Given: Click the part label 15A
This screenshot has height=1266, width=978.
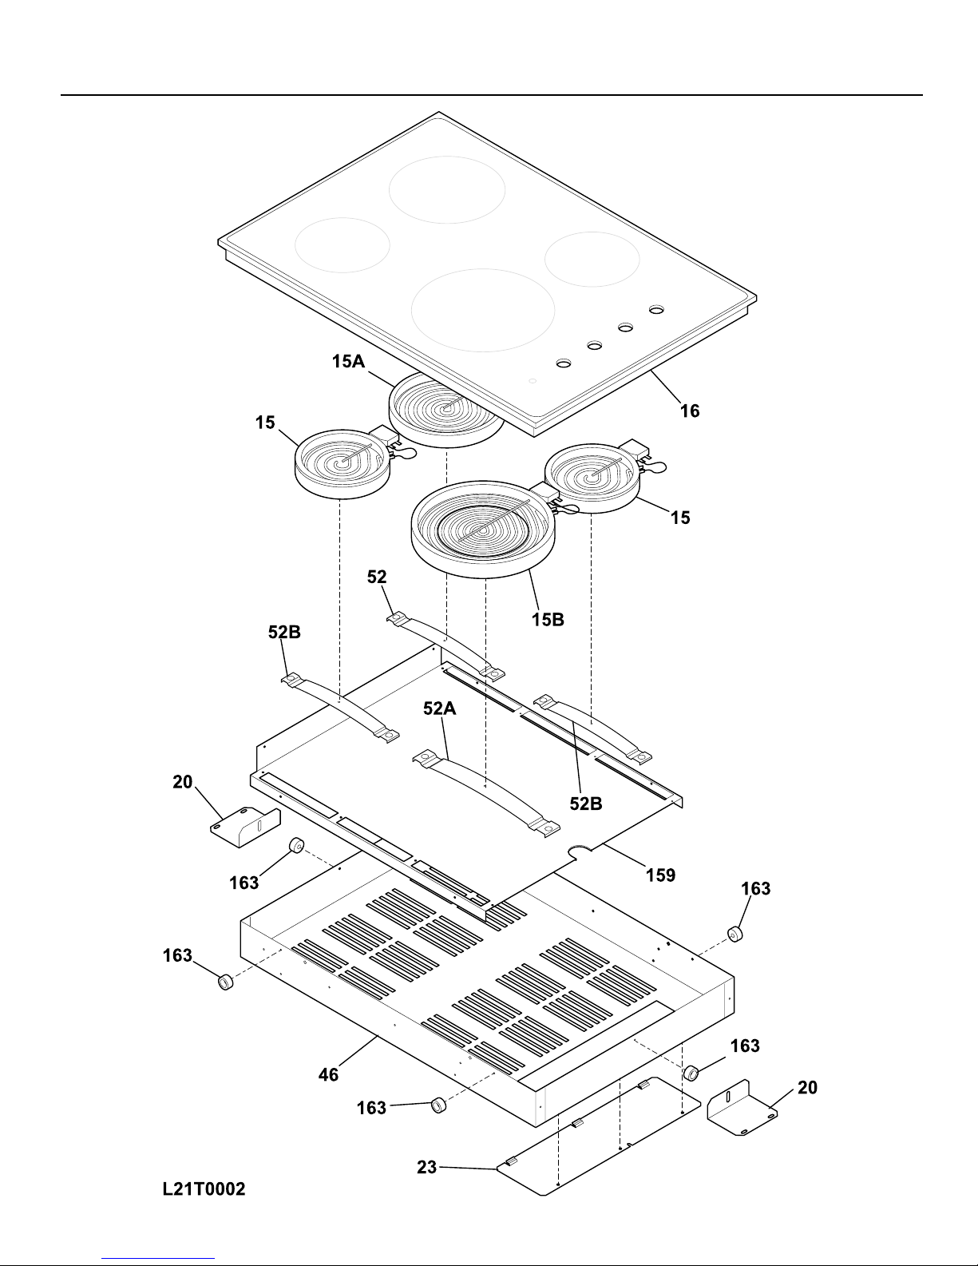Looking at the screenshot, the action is (348, 362).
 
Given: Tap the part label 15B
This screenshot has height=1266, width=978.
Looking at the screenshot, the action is (548, 619).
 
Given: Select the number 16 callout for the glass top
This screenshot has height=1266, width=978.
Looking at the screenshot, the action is (690, 411).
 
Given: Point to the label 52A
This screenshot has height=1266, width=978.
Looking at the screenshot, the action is (440, 708).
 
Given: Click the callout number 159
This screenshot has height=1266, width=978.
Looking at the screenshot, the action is (660, 875).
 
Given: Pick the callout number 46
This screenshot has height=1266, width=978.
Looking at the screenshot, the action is (328, 1075).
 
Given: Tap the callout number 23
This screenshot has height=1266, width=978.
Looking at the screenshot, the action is (426, 1167).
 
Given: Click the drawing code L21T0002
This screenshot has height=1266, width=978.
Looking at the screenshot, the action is (204, 1189).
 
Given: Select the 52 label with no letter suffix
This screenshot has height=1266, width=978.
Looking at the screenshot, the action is (377, 577).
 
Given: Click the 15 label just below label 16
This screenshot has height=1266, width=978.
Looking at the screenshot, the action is (680, 518).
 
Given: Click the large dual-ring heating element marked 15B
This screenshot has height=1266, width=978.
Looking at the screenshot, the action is (483, 530).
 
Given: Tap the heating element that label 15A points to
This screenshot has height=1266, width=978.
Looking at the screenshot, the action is (446, 411).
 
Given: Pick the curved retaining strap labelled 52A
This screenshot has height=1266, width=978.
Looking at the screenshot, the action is (486, 794).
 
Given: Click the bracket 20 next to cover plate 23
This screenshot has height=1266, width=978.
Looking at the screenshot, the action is (742, 1108).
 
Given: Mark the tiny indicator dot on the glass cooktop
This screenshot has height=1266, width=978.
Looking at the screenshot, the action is (532, 381).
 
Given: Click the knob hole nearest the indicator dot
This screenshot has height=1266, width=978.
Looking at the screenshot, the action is (564, 363).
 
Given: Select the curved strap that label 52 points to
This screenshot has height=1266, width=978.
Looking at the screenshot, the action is (446, 645).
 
